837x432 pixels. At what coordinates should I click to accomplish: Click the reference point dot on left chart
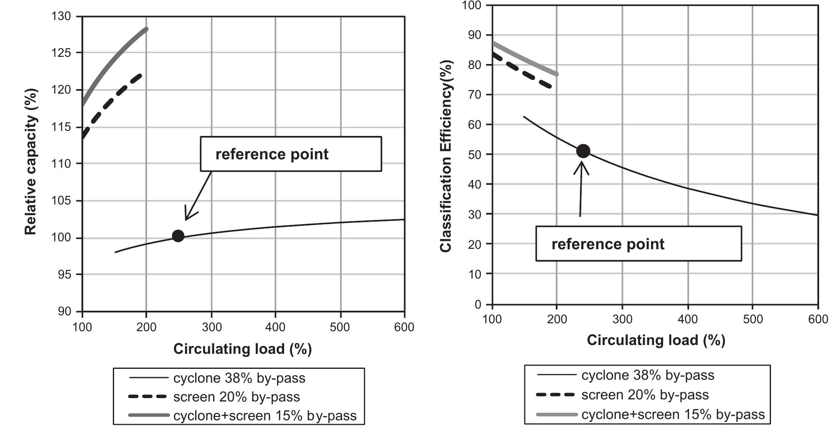[x=178, y=236]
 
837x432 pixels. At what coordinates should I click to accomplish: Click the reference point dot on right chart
[x=583, y=151]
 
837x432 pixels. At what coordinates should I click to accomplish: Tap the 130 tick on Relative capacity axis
[x=61, y=16]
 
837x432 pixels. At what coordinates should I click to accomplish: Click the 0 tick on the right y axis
[x=478, y=304]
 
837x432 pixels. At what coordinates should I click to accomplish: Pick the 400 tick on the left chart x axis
[x=275, y=327]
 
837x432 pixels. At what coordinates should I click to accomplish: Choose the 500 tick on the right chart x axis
[x=752, y=320]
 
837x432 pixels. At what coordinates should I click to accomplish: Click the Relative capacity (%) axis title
[x=31, y=161]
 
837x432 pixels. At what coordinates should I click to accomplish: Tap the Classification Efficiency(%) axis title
[x=446, y=156]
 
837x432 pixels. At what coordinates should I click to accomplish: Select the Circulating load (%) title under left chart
[x=242, y=349]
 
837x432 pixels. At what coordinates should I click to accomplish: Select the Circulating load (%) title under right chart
[x=656, y=340]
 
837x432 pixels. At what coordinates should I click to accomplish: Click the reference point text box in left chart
[x=290, y=154]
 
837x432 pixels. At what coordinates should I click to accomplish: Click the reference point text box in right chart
[x=638, y=244]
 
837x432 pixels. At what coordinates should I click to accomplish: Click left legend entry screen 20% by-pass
[x=237, y=397]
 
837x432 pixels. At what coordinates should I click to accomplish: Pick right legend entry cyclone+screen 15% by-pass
[x=673, y=414]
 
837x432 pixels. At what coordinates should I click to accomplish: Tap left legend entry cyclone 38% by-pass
[x=239, y=378]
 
